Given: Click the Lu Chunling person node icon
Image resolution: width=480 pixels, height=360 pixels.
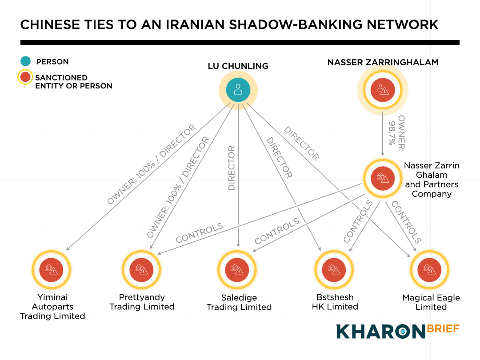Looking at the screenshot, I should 238,89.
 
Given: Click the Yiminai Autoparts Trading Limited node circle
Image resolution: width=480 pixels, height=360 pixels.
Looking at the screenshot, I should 52,269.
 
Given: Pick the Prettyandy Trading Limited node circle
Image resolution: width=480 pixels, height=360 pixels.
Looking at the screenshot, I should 141,269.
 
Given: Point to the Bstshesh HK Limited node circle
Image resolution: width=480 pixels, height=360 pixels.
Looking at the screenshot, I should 334,269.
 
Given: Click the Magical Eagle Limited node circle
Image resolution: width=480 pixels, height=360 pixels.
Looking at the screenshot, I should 429,269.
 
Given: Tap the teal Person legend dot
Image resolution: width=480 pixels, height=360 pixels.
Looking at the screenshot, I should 26,62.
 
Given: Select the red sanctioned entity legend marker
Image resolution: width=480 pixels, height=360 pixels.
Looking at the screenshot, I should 26,78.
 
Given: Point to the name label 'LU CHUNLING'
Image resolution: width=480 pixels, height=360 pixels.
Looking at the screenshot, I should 238,66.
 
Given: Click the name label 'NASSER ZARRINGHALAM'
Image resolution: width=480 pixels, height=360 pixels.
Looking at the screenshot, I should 383,62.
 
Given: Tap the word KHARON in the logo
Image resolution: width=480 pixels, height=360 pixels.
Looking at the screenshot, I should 380,332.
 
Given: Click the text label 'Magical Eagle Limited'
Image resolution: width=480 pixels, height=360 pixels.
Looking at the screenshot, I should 431,302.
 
